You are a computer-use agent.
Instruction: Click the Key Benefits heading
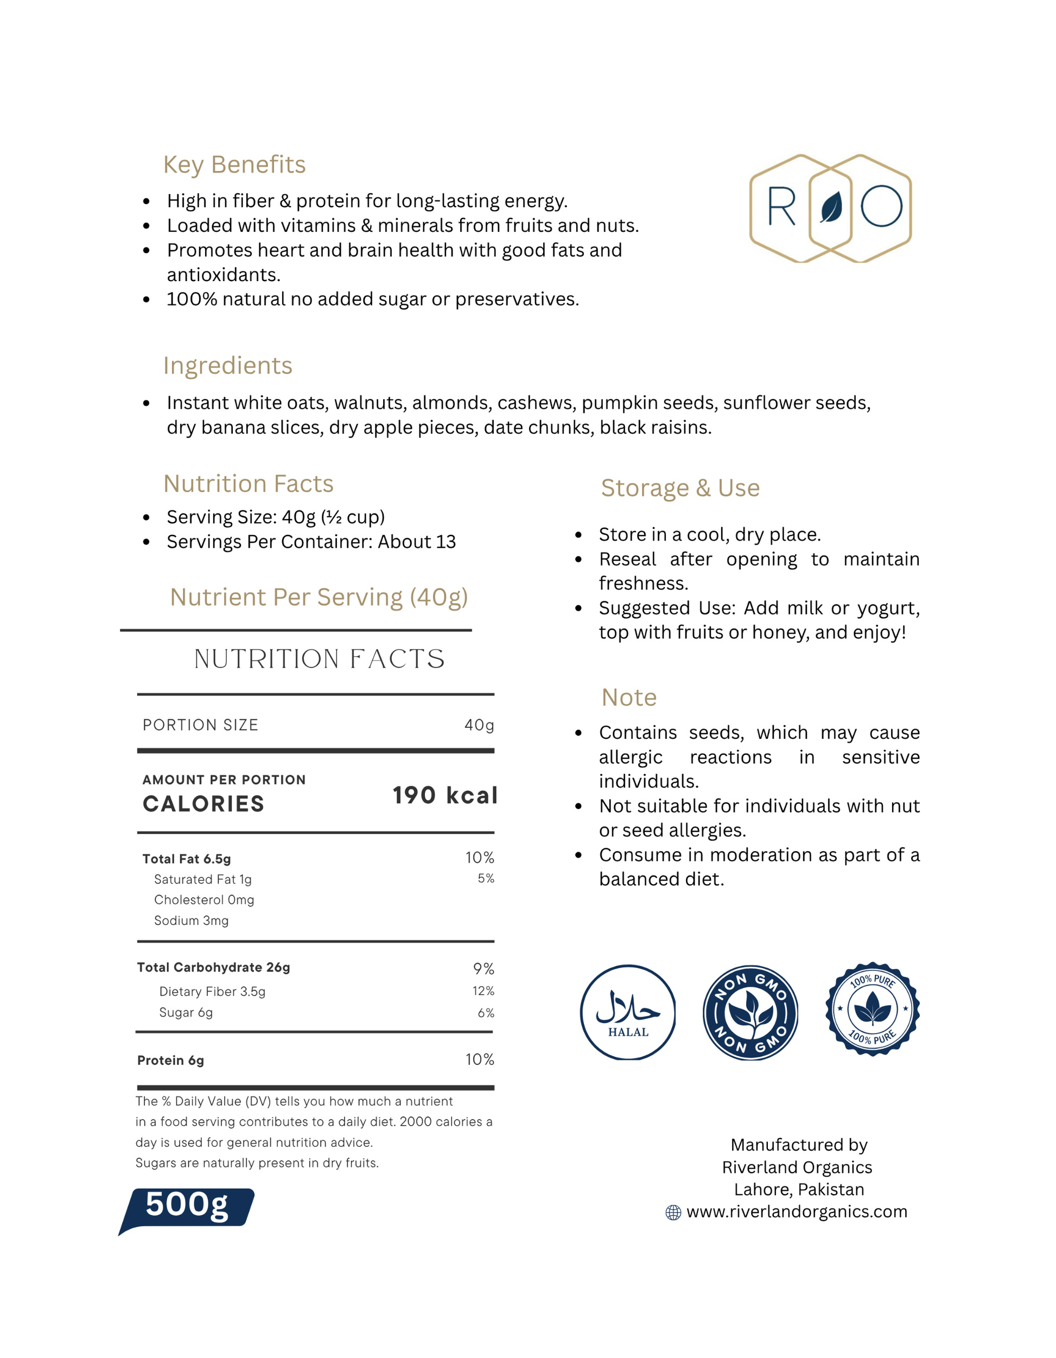(x=234, y=165)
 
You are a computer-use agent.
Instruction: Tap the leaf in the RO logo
(x=831, y=207)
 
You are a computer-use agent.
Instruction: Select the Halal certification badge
(x=628, y=1012)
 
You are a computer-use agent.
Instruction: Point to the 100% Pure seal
(x=872, y=1009)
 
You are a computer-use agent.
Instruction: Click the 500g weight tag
(x=187, y=1205)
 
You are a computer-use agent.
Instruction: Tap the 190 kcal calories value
(x=445, y=795)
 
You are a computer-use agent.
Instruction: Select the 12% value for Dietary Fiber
(x=483, y=991)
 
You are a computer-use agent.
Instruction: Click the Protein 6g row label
(x=170, y=1060)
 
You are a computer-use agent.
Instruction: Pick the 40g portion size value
(x=479, y=725)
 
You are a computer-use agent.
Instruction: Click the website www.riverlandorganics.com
(x=797, y=1212)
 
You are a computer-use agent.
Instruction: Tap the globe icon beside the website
(x=673, y=1213)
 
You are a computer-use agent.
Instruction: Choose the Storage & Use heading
(x=680, y=488)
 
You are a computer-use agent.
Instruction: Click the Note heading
(x=629, y=697)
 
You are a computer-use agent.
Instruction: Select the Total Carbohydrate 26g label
(x=214, y=968)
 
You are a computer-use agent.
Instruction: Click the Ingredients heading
(x=227, y=366)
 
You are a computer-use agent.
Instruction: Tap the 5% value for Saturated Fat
(x=486, y=879)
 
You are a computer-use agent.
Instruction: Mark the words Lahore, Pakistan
(x=799, y=1190)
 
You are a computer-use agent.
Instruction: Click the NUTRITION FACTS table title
(x=320, y=659)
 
